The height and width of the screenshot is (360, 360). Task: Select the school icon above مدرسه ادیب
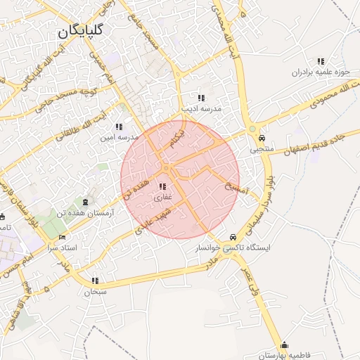click(x=201, y=98)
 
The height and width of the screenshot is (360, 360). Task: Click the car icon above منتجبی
click(x=262, y=138)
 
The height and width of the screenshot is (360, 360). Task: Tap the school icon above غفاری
click(x=163, y=187)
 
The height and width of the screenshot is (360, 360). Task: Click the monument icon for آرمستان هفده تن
click(x=86, y=202)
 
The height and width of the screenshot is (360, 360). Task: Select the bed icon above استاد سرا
click(x=62, y=238)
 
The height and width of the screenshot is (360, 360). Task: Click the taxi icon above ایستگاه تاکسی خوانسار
click(x=232, y=238)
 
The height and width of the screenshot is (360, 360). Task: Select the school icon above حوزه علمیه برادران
click(x=321, y=62)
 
